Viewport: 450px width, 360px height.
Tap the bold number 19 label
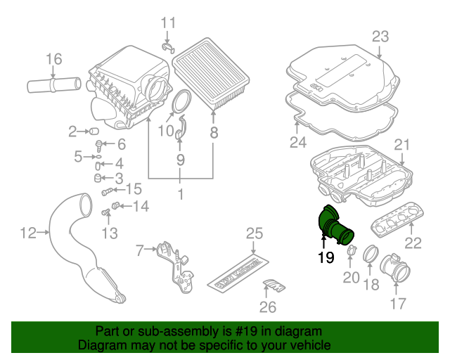pyautogui.click(x=325, y=258)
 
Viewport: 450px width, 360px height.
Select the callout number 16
pyautogui.click(x=54, y=59)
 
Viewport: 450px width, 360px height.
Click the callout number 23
pyautogui.click(x=380, y=37)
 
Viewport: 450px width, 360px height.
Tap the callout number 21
pyautogui.click(x=401, y=145)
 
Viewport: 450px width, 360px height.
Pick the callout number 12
pyautogui.click(x=27, y=233)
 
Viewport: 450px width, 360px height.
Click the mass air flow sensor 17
pyautogui.click(x=390, y=270)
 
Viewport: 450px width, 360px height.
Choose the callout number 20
pyautogui.click(x=351, y=278)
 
